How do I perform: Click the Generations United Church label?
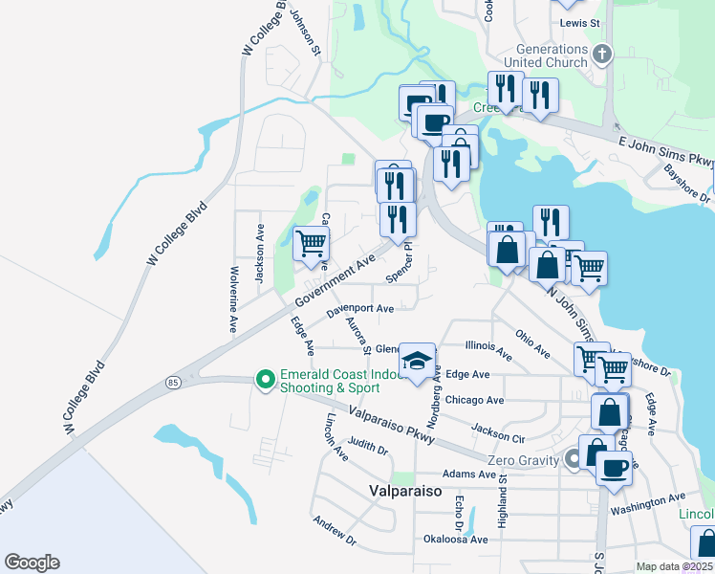[x=551, y=55]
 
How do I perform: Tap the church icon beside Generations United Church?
[x=602, y=54]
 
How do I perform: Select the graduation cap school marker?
[x=417, y=361]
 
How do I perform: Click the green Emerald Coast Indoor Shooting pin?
[x=265, y=380]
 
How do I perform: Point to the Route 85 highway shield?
[x=172, y=383]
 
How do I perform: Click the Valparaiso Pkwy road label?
[x=392, y=425]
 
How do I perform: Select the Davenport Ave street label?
[x=359, y=310]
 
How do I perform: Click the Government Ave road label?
[x=335, y=281]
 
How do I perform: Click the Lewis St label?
[x=580, y=22]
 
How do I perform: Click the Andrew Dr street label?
[x=334, y=532]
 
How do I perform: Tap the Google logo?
[x=32, y=563]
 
